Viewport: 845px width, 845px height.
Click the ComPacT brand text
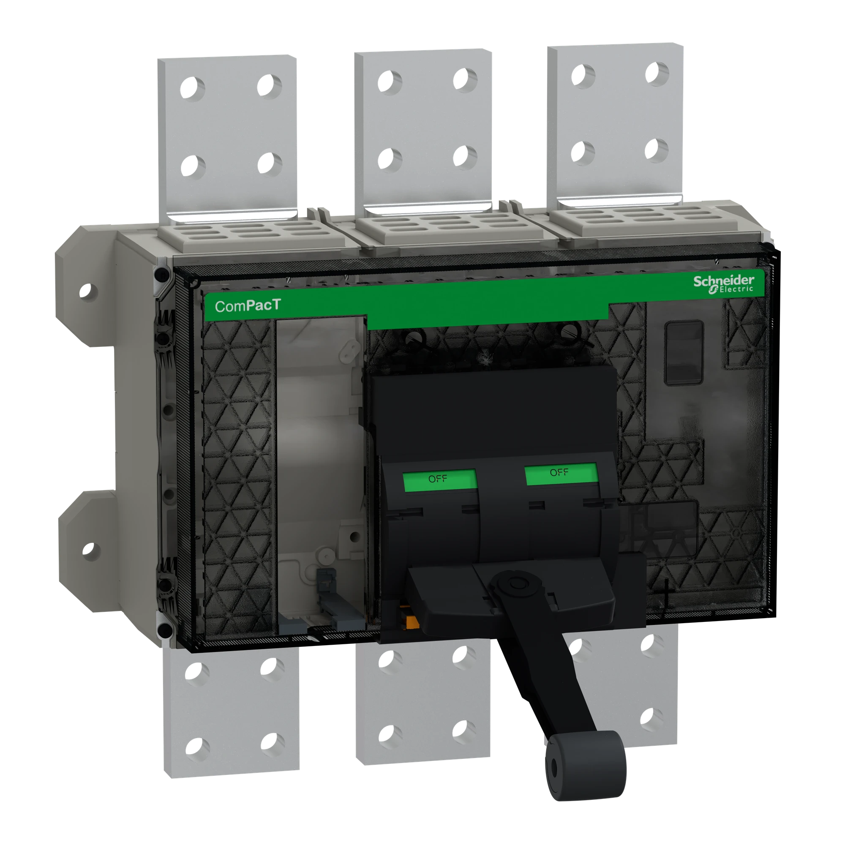click(248, 306)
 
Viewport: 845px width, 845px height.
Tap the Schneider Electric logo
click(723, 283)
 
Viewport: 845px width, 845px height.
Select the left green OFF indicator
click(439, 481)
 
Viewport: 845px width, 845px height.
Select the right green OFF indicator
click(561, 474)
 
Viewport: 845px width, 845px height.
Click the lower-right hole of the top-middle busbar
click(464, 156)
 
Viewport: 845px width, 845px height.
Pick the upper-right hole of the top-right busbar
click(657, 73)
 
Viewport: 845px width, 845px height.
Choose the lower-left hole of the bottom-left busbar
click(197, 746)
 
